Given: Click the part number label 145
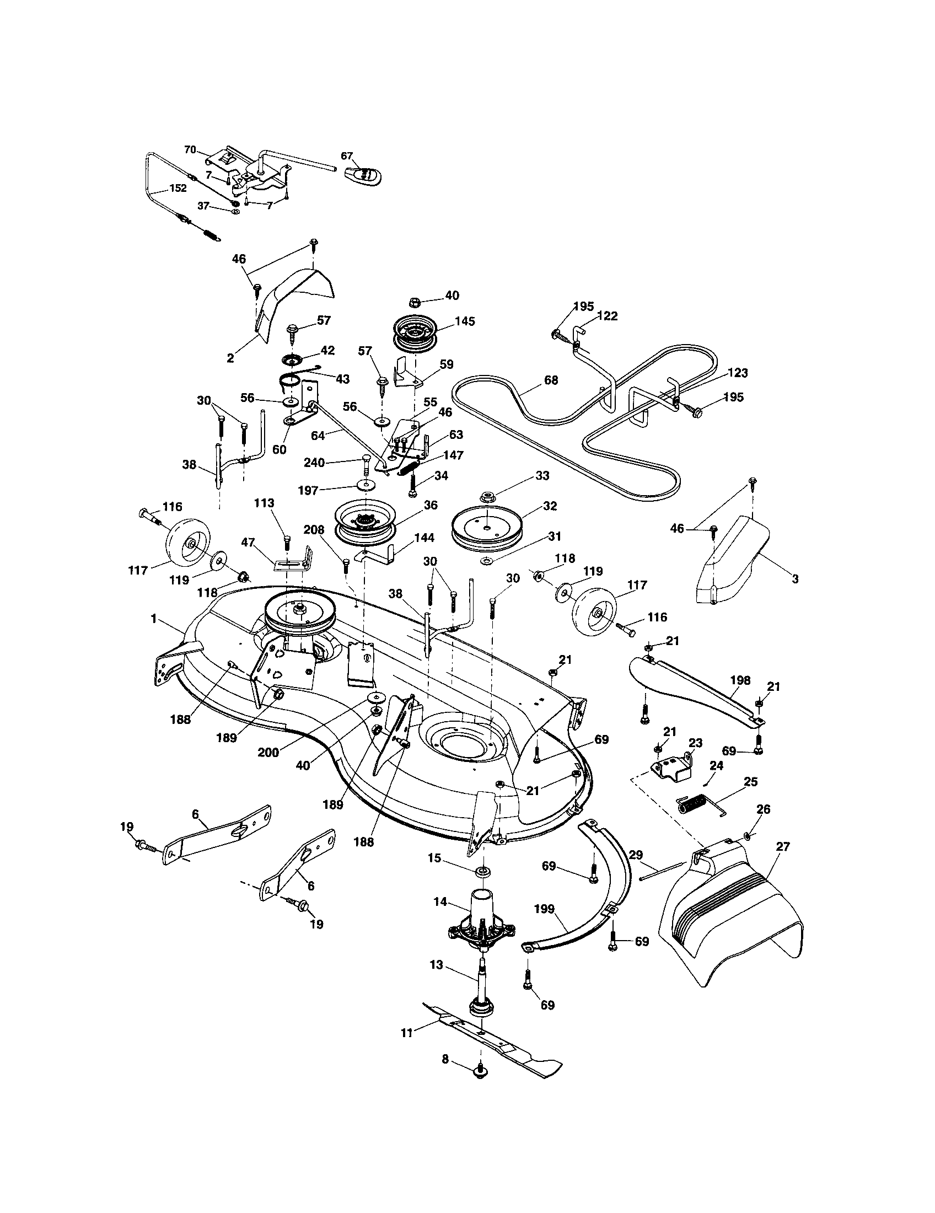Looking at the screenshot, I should click(464, 321).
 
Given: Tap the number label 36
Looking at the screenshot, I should click(431, 505).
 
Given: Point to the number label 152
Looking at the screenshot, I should click(178, 188).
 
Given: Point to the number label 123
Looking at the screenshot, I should click(738, 373).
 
